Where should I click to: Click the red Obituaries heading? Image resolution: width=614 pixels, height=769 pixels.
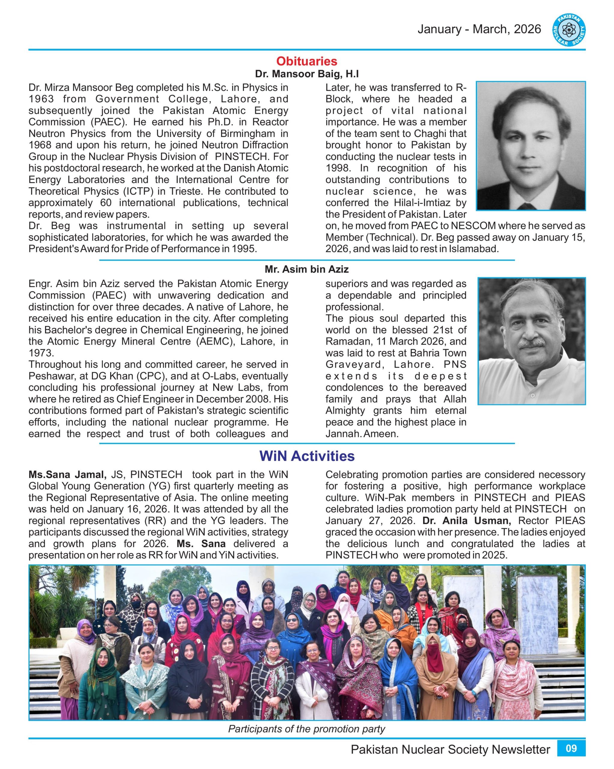307,61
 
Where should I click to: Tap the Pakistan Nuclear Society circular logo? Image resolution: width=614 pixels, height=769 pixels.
569,30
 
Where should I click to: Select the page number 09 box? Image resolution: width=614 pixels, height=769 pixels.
571,748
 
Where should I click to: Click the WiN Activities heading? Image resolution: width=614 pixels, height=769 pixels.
307,456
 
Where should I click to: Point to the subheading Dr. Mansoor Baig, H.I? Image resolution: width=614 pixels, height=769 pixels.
307,74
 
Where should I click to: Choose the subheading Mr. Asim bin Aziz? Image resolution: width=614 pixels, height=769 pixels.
307,269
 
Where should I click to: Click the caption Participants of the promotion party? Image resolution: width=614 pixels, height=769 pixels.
307,728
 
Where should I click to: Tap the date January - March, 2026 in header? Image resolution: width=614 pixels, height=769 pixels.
479,29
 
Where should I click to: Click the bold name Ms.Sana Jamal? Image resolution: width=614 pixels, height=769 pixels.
67,474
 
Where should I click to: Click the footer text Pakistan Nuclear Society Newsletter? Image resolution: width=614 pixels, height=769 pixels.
450,749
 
